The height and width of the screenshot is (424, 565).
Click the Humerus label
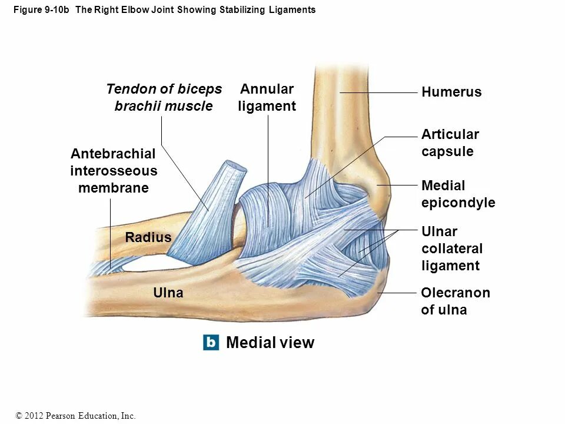(x=451, y=92)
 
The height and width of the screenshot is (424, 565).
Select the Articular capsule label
(x=450, y=143)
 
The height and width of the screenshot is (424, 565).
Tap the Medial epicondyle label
(x=458, y=194)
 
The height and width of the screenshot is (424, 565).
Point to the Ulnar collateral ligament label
(x=451, y=248)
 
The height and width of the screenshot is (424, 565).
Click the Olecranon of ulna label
(x=456, y=301)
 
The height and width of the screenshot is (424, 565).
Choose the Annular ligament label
(x=267, y=98)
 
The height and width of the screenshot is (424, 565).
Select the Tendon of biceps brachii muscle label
(x=164, y=98)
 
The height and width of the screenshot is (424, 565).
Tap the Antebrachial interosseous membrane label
(x=114, y=171)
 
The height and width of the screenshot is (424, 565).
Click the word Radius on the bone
(x=148, y=237)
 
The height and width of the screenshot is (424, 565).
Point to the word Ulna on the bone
(x=168, y=293)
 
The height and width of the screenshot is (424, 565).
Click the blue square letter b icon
(x=211, y=342)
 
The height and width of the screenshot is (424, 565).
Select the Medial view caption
(x=270, y=343)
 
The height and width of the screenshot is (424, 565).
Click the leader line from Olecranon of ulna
(x=397, y=293)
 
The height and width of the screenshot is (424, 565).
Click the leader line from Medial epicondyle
(x=397, y=185)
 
